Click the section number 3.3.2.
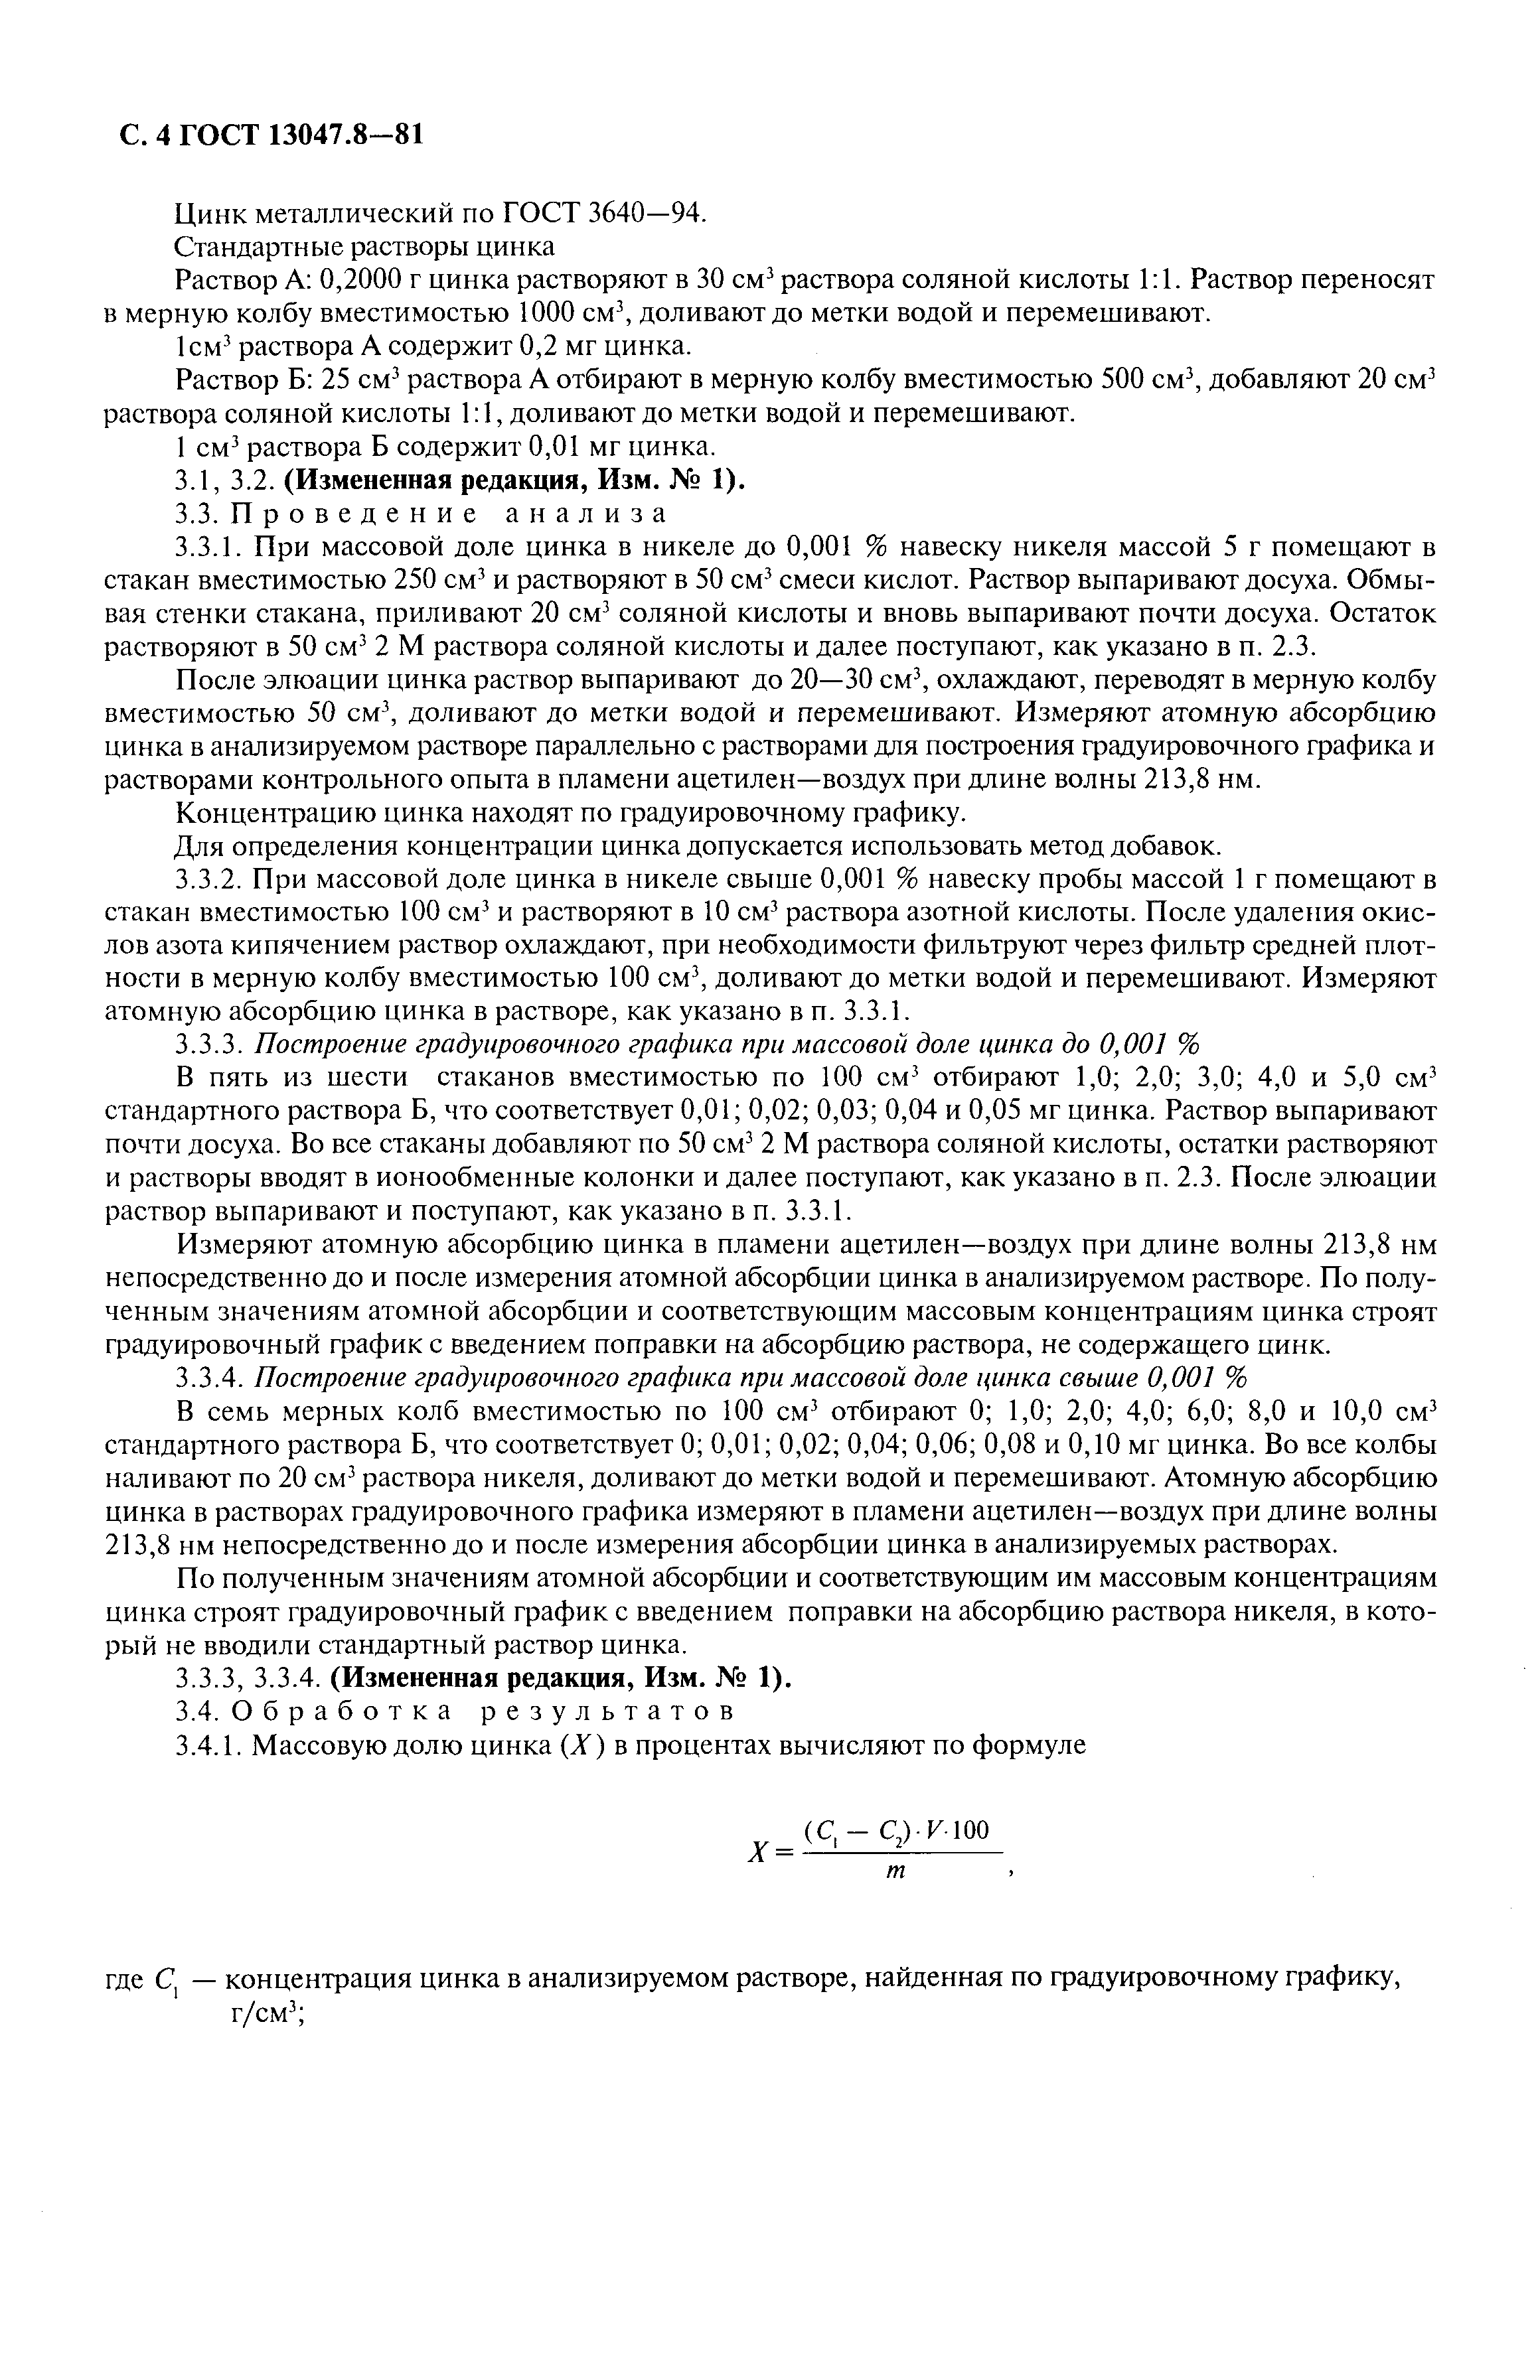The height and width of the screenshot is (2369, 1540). point(209,880)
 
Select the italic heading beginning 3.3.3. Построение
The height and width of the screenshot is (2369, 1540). point(687,1045)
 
